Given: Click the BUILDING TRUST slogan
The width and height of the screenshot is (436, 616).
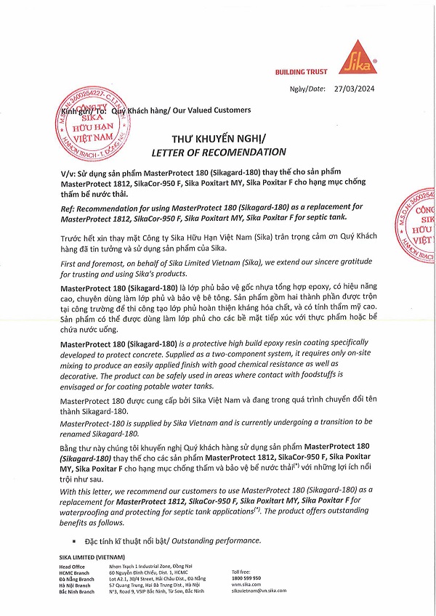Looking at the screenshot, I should (301, 71).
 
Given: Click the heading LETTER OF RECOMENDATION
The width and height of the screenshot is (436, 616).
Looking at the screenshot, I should (218, 152).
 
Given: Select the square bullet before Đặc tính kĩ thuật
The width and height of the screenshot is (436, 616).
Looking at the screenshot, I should (74, 542).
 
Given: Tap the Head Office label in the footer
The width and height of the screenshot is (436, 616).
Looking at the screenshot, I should (73, 566).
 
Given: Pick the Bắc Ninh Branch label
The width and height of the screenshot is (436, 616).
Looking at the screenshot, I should (77, 592).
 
